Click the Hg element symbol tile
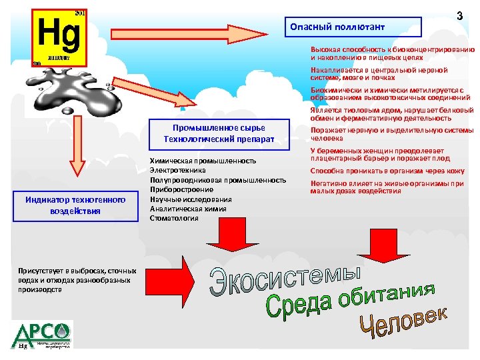point(59,37)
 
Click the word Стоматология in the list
point(174,218)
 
